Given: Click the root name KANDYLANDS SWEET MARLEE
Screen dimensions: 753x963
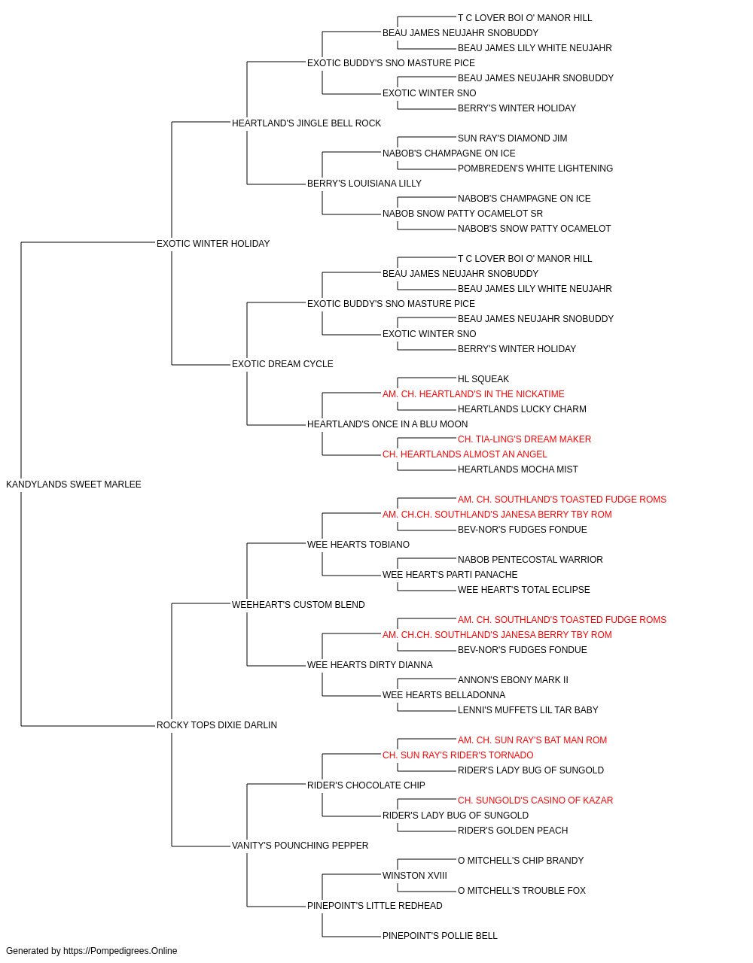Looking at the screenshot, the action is coord(74,485).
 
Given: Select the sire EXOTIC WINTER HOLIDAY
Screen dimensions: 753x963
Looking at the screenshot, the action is coord(213,244).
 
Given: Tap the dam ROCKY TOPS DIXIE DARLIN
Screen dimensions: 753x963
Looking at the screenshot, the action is coord(216,725).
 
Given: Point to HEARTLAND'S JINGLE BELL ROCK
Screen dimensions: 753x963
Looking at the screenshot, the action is coord(306,123).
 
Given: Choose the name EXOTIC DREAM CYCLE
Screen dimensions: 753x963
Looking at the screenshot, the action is coord(282,364).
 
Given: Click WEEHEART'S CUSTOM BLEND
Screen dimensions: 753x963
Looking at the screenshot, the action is coord(298,605).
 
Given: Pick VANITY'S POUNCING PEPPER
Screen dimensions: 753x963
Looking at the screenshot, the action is coord(300,846).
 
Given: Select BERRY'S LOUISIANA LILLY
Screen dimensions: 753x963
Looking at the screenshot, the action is coord(364,184).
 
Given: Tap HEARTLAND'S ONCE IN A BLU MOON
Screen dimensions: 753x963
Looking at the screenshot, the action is coord(387,424).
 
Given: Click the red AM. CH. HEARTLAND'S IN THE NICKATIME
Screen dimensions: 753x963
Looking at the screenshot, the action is coord(473,394).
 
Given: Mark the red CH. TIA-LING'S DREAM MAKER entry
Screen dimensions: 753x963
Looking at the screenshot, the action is coord(524,439).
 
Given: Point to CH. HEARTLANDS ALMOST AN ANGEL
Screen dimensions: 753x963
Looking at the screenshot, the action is coord(465,454).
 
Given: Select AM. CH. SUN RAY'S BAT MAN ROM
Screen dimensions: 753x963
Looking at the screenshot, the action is coord(532,740).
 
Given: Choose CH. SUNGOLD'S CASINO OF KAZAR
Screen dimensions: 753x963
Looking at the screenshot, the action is coord(535,800).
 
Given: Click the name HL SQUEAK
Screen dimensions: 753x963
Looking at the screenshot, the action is coord(483,379).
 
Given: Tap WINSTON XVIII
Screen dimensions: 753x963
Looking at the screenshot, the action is coord(415,876).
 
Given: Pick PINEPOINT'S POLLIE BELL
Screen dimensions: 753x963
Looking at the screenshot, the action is coord(440,936).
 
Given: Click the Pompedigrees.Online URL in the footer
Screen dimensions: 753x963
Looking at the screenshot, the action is coord(120,951).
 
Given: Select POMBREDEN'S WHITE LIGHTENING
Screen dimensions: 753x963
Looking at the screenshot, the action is coord(535,169).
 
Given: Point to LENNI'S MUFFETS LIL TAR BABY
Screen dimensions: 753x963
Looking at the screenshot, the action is coord(528,710).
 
